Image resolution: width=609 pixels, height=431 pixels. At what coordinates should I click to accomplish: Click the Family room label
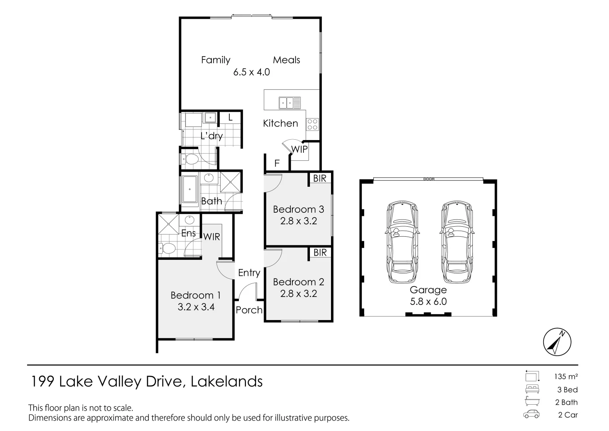tap(215, 60)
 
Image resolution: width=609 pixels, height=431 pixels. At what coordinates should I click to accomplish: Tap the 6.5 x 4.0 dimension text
tap(252, 72)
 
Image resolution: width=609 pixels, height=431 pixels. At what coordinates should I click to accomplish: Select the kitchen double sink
tap(290, 103)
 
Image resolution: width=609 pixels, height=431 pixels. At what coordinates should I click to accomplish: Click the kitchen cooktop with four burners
tap(312, 125)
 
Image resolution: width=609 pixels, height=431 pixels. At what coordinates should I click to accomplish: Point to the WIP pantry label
tap(299, 149)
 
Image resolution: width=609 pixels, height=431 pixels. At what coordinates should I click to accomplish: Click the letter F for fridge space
tap(277, 163)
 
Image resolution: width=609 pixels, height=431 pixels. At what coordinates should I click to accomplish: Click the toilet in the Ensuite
tap(168, 249)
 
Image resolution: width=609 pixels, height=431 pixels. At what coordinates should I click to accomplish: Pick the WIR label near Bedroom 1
tap(211, 237)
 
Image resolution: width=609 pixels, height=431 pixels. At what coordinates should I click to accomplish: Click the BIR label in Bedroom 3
tap(320, 178)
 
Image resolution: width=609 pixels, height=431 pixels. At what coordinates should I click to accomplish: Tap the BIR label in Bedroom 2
tap(320, 253)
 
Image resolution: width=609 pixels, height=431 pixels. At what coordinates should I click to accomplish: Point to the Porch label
tap(249, 310)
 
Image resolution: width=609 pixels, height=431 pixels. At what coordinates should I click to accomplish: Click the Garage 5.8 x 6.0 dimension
tap(428, 302)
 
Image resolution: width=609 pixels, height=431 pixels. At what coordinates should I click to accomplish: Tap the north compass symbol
tap(557, 342)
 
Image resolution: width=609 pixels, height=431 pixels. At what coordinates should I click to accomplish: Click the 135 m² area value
tap(566, 376)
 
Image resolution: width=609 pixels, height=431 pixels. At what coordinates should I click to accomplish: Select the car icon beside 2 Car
tap(531, 415)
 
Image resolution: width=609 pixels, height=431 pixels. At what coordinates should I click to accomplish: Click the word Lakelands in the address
tap(227, 382)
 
